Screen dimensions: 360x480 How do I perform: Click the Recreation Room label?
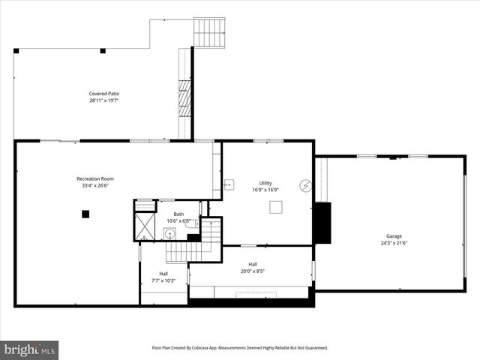[x=95, y=178]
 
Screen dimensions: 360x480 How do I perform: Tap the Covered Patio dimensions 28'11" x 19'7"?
[x=104, y=100]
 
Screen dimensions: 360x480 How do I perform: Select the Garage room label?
[x=394, y=236]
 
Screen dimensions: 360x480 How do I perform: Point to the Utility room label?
[x=265, y=183]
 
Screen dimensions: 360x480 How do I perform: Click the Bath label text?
[x=178, y=214]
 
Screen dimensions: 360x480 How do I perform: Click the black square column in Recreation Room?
[x=85, y=214]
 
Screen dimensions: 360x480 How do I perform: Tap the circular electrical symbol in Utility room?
[x=305, y=186]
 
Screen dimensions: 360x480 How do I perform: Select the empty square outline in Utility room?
[x=277, y=207]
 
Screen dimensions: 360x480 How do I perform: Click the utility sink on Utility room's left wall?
[x=228, y=184]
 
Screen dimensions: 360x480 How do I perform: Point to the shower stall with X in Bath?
[x=144, y=225]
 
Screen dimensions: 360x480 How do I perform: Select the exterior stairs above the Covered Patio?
[x=209, y=31]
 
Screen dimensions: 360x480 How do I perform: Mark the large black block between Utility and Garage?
[x=322, y=223]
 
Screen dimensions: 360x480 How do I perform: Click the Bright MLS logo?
[x=30, y=349]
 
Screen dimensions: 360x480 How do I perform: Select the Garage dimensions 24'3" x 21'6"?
[x=394, y=242]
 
